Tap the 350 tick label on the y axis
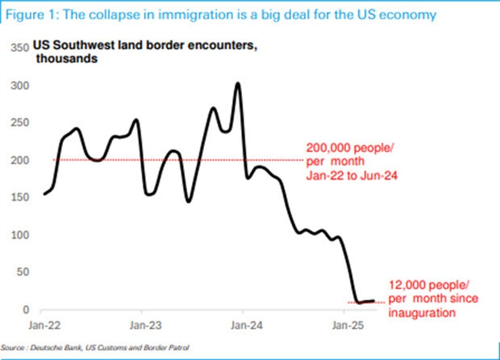[17, 48]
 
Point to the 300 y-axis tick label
[17, 85]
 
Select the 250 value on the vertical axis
[17, 123]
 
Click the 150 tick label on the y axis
[17, 197]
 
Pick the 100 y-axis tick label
[17, 235]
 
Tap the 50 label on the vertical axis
[21, 272]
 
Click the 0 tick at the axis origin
[24, 310]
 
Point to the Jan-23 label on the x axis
[145, 325]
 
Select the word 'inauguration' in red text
[422, 312]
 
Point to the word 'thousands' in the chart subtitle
[67, 59]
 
